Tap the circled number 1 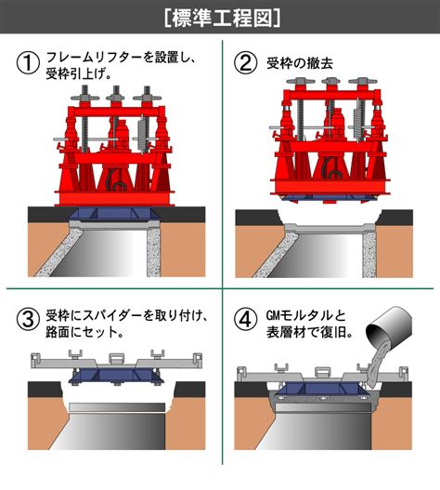pos(28,62)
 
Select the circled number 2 pos(246,62)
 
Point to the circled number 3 pos(28,319)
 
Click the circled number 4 pos(246,319)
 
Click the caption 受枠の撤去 pos(300,63)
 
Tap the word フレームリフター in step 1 pos(95,58)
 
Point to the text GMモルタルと pos(306,315)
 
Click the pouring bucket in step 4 pos(390,326)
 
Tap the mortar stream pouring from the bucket pos(375,364)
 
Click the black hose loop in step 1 pos(116,182)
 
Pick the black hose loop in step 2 pos(330,168)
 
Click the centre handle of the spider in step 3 pos(116,358)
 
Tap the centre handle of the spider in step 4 pos(323,372)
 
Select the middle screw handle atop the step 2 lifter pos(330,81)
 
